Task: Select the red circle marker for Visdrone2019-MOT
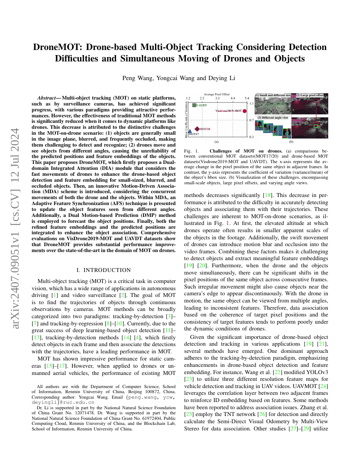pos(244,111)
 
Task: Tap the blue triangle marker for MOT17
pos(190,131)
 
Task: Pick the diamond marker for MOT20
pos(197,128)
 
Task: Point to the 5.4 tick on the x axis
pos(247,98)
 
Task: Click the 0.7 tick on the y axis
pos(251,120)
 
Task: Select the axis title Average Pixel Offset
pos(216,94)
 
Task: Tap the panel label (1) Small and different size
pos(273,95)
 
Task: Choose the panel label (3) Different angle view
pos(273,117)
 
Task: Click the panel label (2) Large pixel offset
pos(310,95)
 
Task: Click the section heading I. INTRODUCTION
pos(103,270)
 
